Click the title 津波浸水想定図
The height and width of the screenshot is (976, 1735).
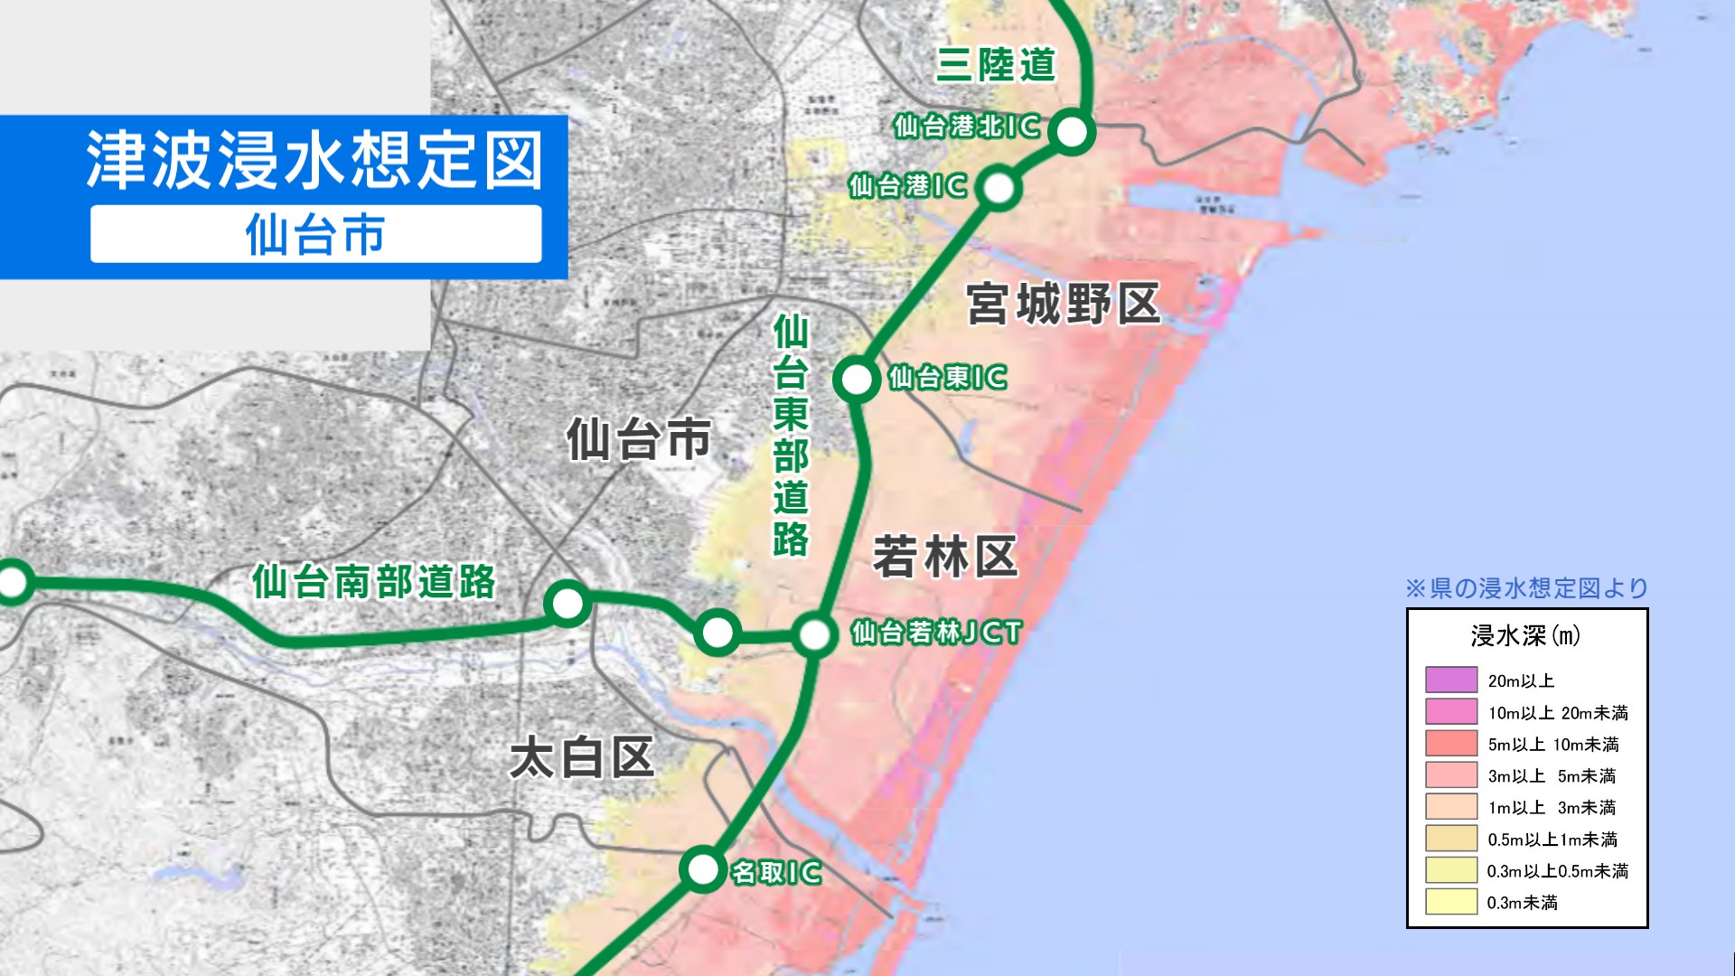coord(314,160)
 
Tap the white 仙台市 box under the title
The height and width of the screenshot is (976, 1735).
coord(315,234)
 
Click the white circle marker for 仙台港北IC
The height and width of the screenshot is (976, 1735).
coord(1072,132)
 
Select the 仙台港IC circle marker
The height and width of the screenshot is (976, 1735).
coord(999,188)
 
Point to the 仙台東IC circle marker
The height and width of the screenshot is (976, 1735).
coord(857,379)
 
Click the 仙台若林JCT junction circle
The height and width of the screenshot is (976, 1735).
coord(814,634)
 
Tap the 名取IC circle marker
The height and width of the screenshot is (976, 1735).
coord(702,869)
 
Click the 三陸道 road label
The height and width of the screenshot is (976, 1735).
coord(996,64)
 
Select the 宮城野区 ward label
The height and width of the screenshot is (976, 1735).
coord(1063,304)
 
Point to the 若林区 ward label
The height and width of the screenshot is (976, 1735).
coord(945,557)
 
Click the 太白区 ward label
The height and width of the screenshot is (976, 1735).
coord(582,757)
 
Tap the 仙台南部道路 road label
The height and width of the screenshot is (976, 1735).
coord(374,582)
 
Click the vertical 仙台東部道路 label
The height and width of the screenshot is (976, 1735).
coord(791,435)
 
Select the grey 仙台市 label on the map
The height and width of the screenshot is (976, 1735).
coord(639,440)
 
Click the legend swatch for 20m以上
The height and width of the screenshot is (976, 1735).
coord(1450,680)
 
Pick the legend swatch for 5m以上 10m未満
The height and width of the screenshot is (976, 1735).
coord(1450,743)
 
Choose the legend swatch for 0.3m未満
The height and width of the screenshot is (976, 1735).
coord(1450,901)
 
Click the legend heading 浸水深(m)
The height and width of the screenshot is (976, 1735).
coord(1525,636)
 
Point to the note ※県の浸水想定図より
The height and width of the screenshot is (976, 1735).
coord(1526,588)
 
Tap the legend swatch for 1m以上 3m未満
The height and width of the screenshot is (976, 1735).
coord(1450,806)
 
